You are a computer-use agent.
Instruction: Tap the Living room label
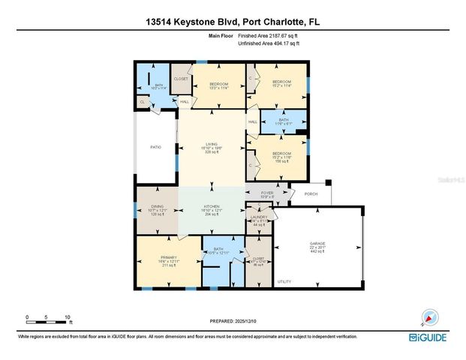212,146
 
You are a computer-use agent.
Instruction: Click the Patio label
155,147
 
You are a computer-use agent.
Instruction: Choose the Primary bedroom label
168,259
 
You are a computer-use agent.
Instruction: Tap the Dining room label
157,211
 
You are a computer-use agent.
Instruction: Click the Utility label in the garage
284,282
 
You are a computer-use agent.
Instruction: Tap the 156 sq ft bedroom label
281,157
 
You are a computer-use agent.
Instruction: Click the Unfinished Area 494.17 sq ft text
268,43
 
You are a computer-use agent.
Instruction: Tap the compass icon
428,317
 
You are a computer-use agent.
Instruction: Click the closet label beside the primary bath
260,260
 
